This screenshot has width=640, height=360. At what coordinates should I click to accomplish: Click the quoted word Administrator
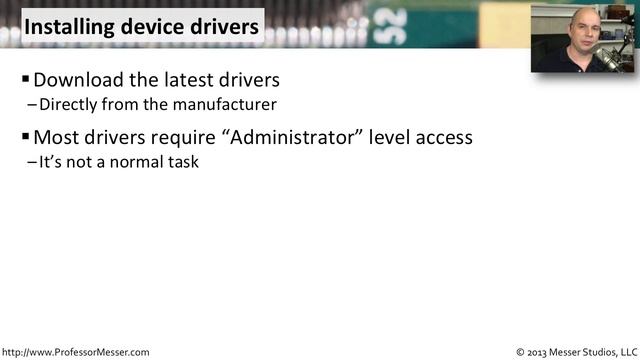point(299,137)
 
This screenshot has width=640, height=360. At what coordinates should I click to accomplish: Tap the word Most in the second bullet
point(55,137)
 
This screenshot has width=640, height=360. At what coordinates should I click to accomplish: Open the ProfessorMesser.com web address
point(75,352)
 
